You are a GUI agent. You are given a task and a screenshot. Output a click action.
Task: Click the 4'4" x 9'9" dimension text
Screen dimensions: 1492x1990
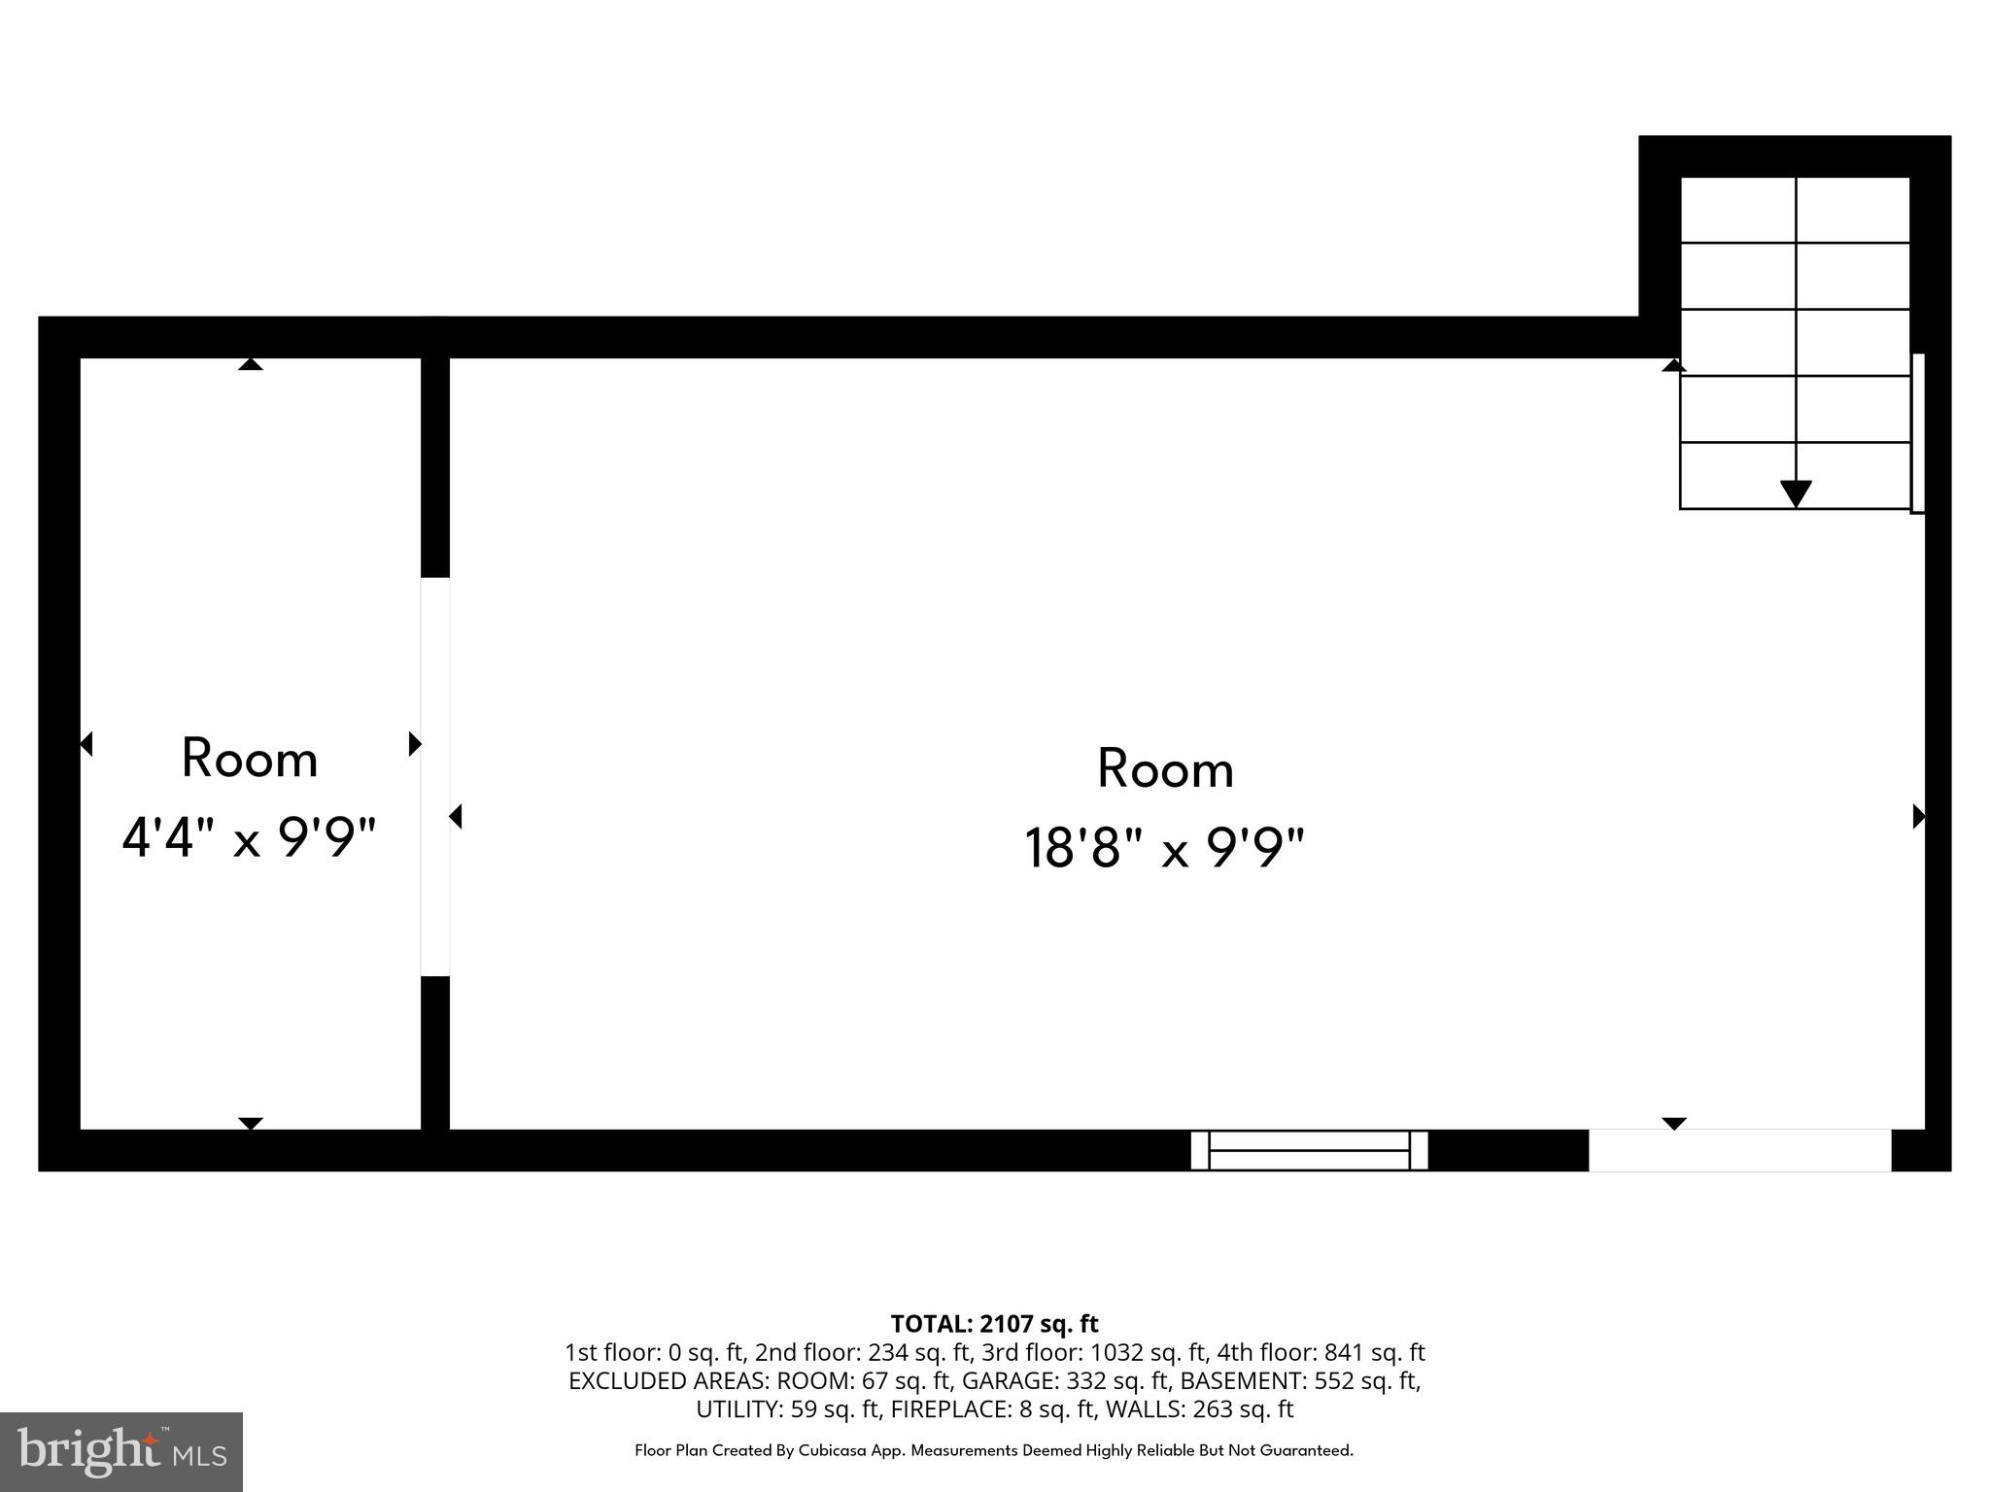(x=249, y=837)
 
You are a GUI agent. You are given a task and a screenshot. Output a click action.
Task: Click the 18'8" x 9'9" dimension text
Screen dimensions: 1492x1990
(x=1164, y=848)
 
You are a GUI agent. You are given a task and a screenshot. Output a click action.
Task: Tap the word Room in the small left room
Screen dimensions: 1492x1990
(x=250, y=759)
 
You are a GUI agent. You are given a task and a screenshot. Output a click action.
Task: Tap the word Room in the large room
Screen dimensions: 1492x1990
(x=1165, y=769)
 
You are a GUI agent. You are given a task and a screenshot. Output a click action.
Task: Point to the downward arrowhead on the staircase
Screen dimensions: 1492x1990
(x=1795, y=493)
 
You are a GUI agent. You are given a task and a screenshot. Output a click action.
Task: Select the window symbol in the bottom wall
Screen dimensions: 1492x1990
(x=1309, y=1150)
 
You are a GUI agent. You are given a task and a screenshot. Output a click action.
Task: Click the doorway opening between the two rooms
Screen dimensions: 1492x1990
(x=435, y=776)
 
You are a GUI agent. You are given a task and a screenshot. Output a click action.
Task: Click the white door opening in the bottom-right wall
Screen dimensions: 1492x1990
(x=1739, y=1150)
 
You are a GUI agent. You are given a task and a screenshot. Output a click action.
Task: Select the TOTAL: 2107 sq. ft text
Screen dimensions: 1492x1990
(x=994, y=1324)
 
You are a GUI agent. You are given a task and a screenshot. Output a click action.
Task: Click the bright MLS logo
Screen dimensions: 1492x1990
(x=121, y=1451)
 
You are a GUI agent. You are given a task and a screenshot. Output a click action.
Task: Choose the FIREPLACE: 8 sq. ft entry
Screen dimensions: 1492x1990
(x=994, y=1408)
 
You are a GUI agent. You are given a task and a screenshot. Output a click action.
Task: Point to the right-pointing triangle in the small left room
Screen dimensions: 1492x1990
(x=415, y=744)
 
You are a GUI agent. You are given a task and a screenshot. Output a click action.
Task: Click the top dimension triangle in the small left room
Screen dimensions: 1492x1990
(x=251, y=364)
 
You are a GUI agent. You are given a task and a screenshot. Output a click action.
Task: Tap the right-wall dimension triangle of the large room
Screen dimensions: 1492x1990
(x=1918, y=817)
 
